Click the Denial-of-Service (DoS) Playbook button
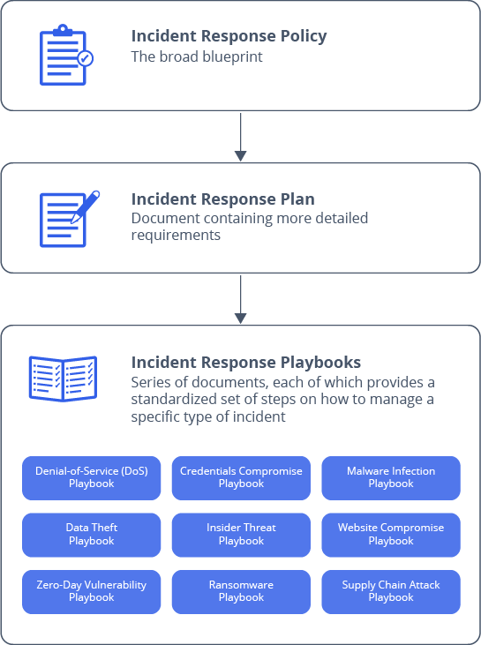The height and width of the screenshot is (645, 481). pos(92,477)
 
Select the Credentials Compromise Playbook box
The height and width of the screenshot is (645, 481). pos(241,477)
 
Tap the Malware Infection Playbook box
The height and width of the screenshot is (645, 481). pos(391,477)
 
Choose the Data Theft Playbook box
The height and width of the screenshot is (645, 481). pos(92,534)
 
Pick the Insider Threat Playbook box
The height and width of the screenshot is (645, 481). pos(241,534)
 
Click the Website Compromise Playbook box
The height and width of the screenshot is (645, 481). pos(391,534)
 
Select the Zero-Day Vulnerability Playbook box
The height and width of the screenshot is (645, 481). pos(92,591)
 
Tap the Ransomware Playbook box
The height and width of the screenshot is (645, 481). pos(241,591)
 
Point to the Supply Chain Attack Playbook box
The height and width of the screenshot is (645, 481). pos(391,591)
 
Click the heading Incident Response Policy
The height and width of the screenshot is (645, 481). pos(229,36)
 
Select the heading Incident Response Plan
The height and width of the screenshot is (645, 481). pos(222,199)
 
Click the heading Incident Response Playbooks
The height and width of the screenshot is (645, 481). pos(245,363)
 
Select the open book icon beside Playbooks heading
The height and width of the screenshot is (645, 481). pos(63,379)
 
